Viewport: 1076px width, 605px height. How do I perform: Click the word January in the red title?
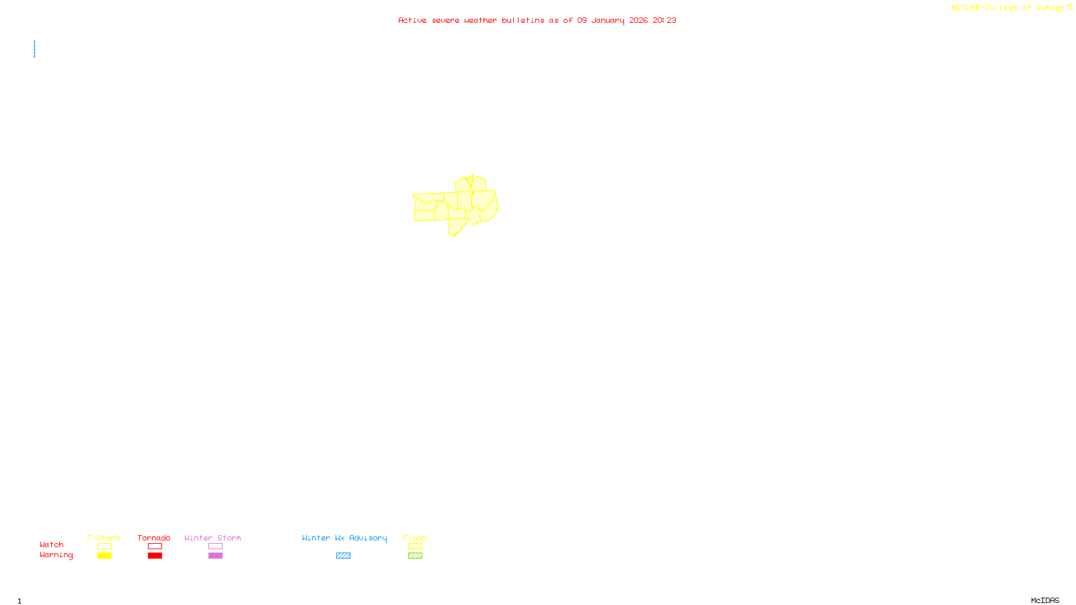coord(608,21)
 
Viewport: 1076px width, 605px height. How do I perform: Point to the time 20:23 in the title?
coord(664,21)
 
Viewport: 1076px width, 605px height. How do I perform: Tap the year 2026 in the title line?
coord(639,21)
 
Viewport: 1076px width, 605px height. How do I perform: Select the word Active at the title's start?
coord(412,21)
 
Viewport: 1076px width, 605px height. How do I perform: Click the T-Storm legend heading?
coord(104,538)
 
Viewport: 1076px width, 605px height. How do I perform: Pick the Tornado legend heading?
coord(154,538)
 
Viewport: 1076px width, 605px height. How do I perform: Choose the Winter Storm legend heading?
coord(213,538)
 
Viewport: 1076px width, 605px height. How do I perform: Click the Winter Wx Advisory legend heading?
coord(344,538)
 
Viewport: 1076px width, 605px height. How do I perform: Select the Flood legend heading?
coord(415,538)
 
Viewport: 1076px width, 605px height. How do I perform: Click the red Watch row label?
coord(52,545)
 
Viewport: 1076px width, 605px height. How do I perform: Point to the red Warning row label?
coord(56,555)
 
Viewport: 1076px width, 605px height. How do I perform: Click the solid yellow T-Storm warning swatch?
coord(104,556)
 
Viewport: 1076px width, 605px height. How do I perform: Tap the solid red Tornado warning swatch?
coord(155,556)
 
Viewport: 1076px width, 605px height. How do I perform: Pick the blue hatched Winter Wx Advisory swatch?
coord(343,556)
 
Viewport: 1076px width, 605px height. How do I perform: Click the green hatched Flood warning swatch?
coord(415,556)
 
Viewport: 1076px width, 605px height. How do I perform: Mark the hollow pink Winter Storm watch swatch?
coord(215,547)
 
